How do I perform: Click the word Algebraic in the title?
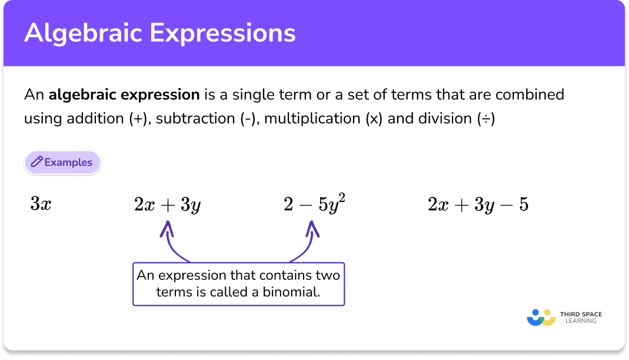coord(82,34)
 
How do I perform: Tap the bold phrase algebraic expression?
coord(124,94)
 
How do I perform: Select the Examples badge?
coord(62,162)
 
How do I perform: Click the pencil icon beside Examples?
coord(36,162)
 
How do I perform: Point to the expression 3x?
coord(41,205)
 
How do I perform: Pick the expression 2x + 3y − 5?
coord(478,205)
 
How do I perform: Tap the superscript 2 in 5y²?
coord(341,198)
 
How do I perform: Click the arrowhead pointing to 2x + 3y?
coord(168,228)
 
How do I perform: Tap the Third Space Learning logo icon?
coord(541,318)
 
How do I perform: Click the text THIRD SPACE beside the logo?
coord(581,315)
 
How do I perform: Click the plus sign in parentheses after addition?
coord(137,118)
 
